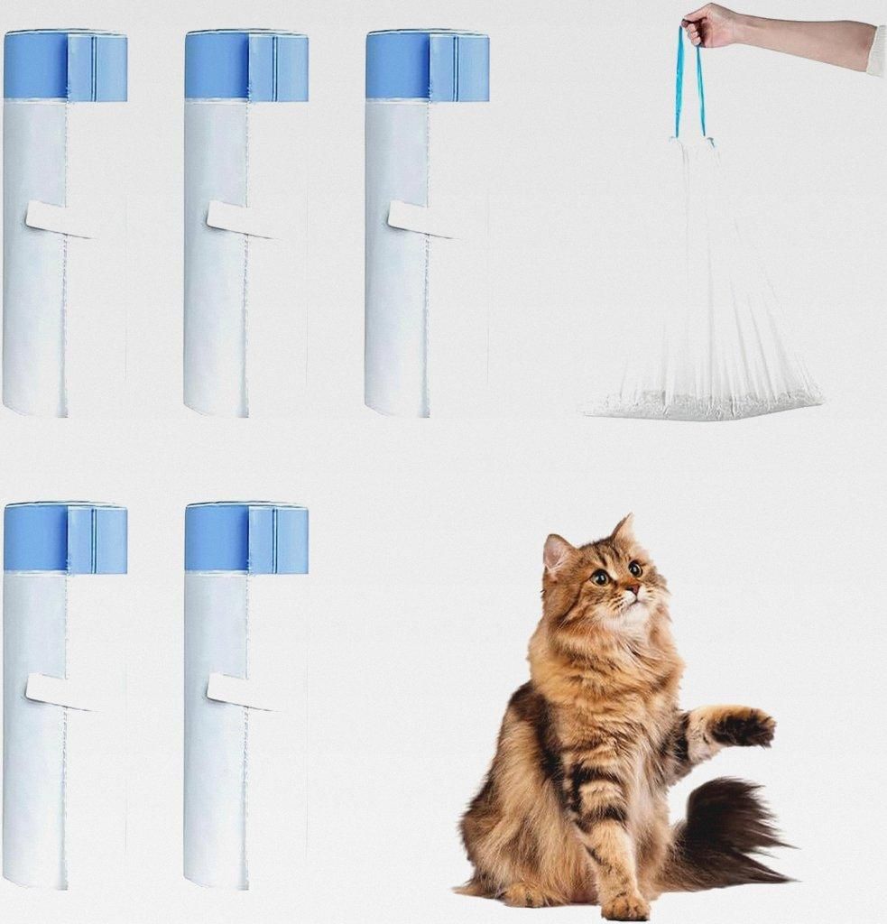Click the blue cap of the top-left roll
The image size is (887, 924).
[x=65, y=66]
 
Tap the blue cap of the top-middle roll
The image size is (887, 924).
[x=246, y=66]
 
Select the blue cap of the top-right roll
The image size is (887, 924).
[x=427, y=66]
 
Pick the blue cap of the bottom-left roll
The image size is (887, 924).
[x=65, y=539]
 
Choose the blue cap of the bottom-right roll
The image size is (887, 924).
[x=246, y=539]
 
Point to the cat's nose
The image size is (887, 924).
[x=633, y=589]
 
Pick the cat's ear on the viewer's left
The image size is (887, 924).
[x=557, y=553]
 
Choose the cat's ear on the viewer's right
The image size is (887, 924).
[x=623, y=530]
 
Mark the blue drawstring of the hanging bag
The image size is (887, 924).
[x=690, y=86]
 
